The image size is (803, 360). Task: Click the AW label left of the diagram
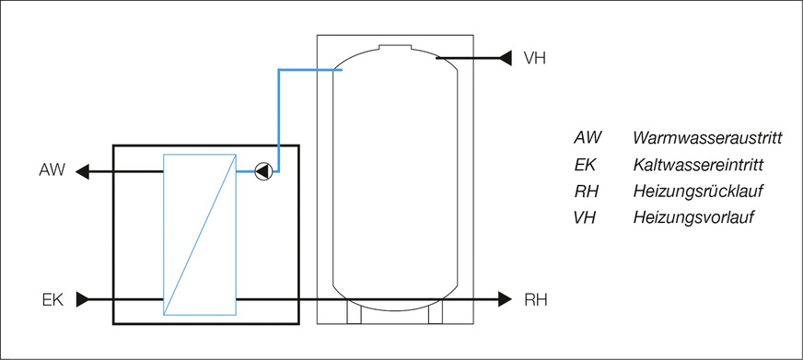click(x=52, y=170)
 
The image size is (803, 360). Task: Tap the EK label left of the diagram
click(x=52, y=298)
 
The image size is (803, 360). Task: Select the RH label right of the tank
click(x=536, y=298)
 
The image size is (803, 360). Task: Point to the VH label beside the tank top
click(x=535, y=58)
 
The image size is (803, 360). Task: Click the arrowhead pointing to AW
click(x=82, y=170)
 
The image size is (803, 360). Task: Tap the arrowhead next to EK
click(x=82, y=298)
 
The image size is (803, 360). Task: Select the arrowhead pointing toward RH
click(x=504, y=298)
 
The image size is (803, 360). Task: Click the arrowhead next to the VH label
click(x=505, y=58)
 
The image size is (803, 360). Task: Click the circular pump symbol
click(x=263, y=170)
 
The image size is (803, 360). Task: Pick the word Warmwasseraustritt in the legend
click(x=707, y=138)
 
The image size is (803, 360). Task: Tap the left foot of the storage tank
click(x=355, y=315)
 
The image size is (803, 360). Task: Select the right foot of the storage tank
click(x=436, y=315)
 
